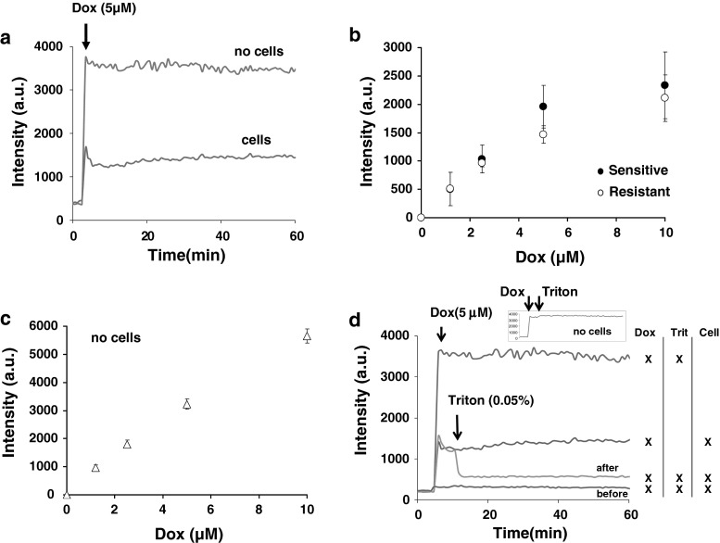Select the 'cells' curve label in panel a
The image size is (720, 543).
[270, 139]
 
